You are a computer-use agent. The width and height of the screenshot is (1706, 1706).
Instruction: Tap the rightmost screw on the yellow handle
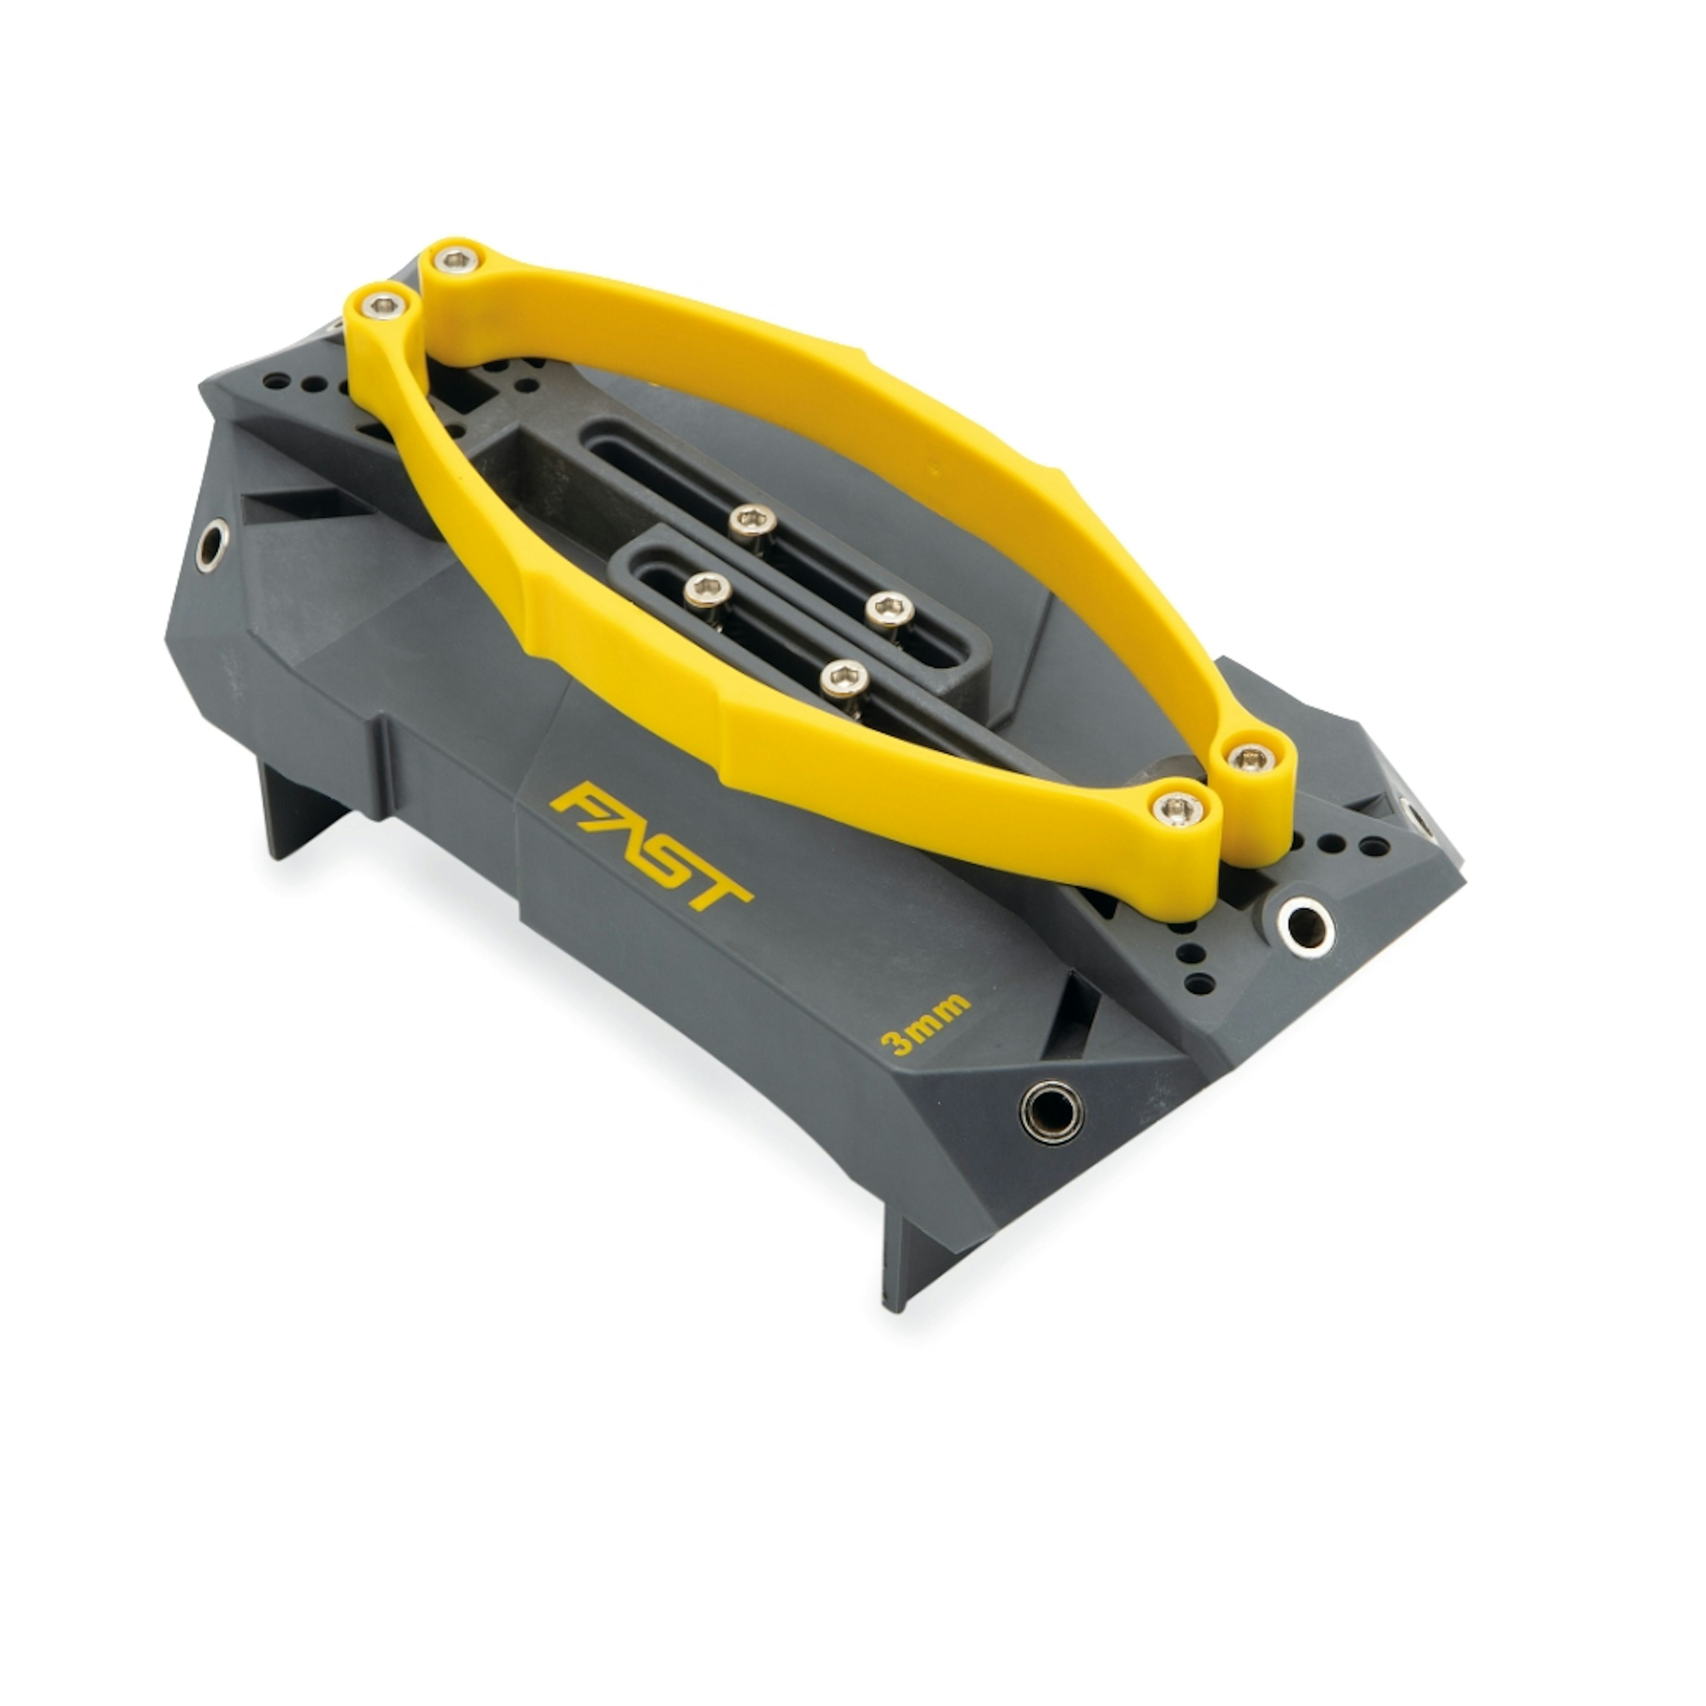coord(1248,757)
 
